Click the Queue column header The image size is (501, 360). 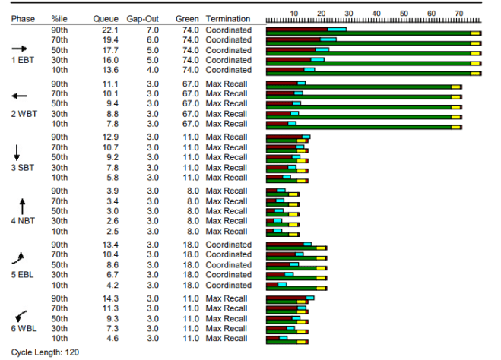tap(105, 16)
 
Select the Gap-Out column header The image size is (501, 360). tap(141, 16)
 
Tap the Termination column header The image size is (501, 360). tap(228, 16)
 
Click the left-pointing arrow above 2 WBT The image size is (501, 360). tap(20, 96)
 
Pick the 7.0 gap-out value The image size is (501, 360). tap(152, 30)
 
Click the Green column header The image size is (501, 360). tap(187, 16)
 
